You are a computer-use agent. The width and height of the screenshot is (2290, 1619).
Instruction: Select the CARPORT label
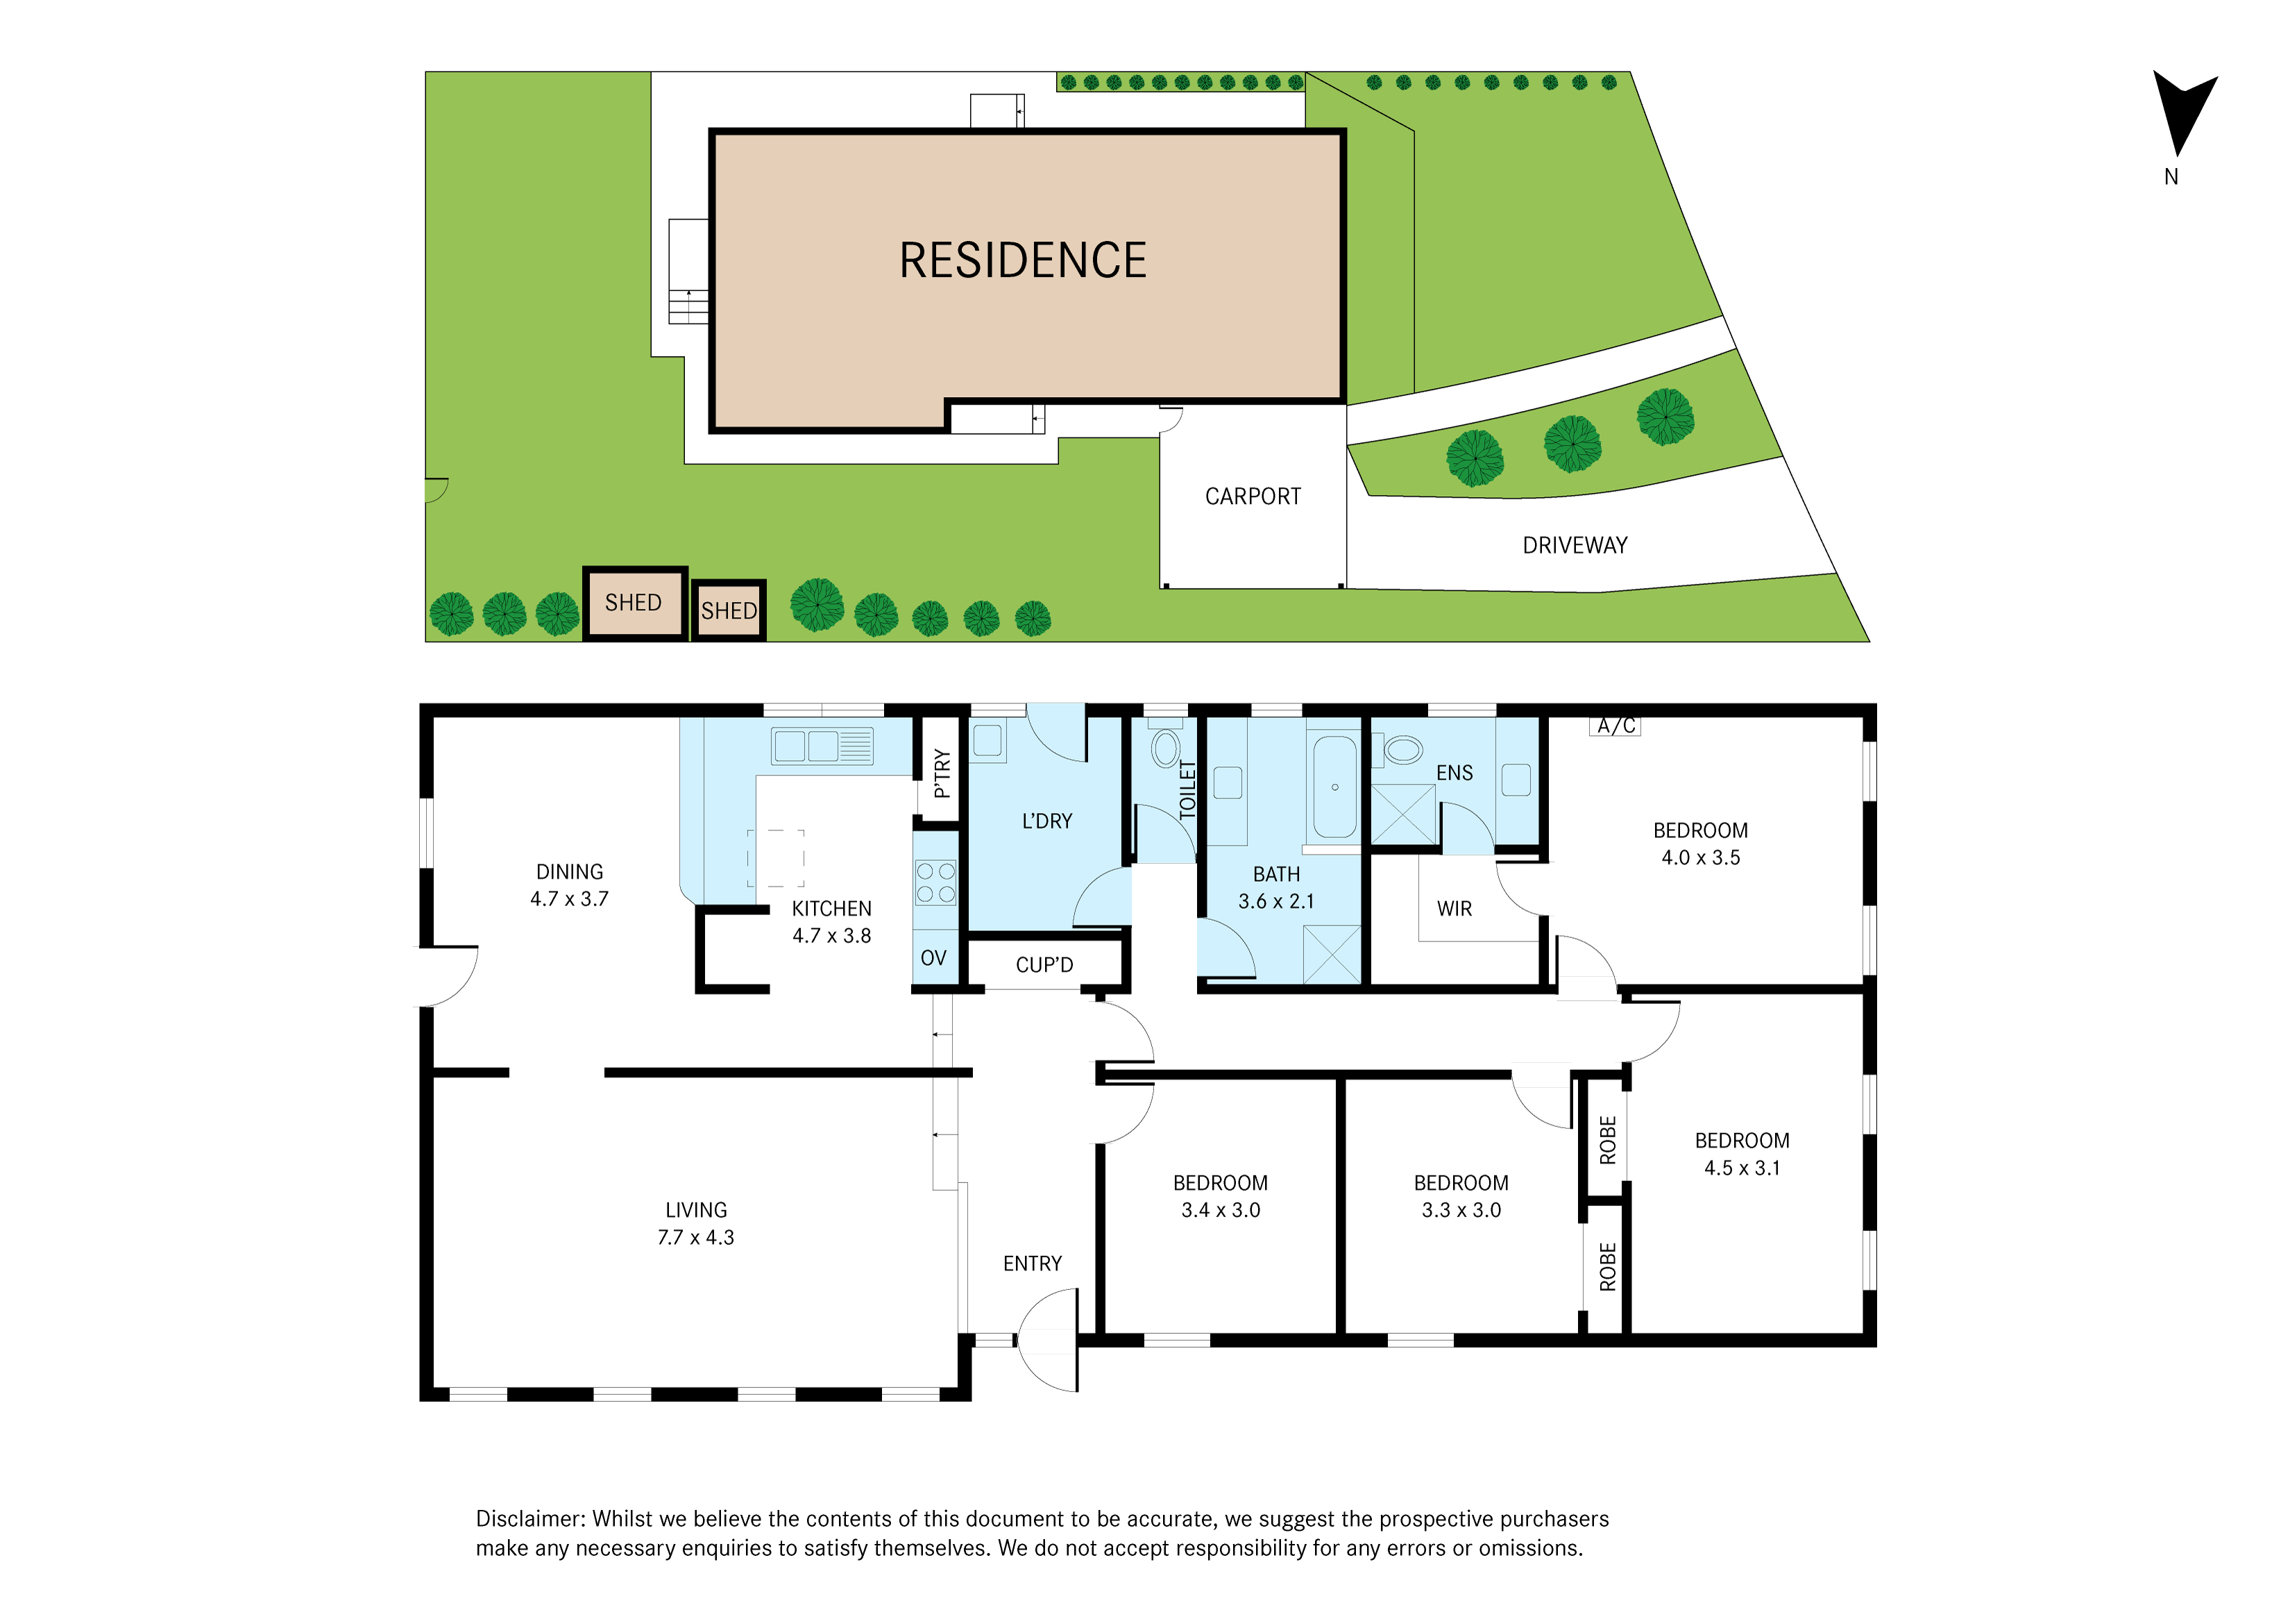click(1253, 496)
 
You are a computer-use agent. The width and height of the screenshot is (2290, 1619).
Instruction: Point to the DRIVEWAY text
click(1574, 545)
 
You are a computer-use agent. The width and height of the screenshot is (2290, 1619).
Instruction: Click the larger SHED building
click(634, 603)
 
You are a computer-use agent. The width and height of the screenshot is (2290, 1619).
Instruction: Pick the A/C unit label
click(1615, 725)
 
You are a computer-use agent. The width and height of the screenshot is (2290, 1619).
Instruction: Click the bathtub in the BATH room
click(1334, 787)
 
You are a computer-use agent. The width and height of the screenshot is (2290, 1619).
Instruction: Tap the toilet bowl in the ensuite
click(1402, 749)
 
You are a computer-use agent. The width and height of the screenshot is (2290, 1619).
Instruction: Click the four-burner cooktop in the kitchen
click(935, 882)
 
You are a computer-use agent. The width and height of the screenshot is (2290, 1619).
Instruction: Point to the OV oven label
click(933, 957)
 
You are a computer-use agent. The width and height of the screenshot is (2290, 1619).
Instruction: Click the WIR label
click(1454, 909)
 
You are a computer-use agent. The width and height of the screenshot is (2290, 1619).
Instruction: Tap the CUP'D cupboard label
click(1044, 964)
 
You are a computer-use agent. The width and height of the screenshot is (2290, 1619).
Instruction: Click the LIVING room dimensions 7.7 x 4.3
click(695, 1237)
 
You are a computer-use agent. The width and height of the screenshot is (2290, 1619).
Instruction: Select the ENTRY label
click(1033, 1264)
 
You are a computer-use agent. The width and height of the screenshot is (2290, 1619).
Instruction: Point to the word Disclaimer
click(529, 1518)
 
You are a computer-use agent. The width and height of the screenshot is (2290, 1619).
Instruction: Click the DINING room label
click(570, 872)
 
